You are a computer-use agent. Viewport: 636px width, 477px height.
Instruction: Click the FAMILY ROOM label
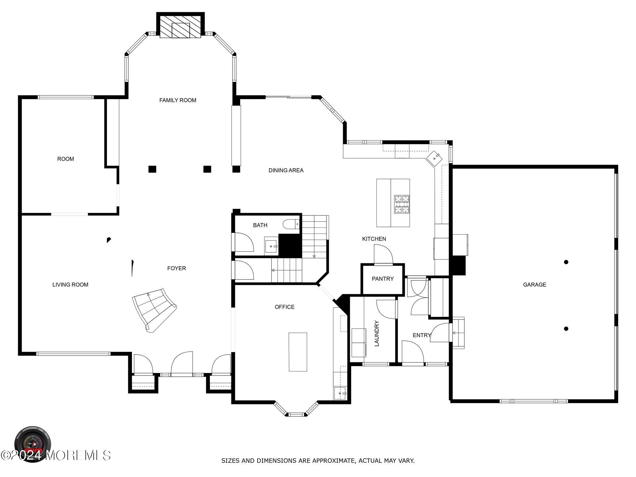[178, 100]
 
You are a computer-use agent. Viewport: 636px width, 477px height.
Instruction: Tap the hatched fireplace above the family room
[180, 27]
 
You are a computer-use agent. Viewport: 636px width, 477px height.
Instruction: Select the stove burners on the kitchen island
[402, 204]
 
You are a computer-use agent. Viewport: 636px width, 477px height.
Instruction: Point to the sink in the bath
[271, 247]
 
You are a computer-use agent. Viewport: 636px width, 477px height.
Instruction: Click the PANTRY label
[382, 279]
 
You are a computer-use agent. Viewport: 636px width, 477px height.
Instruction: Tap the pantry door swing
[383, 254]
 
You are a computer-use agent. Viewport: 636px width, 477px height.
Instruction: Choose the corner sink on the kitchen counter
[435, 157]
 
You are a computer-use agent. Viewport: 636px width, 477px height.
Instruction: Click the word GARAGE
[534, 285]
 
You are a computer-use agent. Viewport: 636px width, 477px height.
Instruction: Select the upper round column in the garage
[566, 262]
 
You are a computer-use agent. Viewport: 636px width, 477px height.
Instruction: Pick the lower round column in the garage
[566, 329]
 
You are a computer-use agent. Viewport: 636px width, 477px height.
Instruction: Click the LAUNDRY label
[376, 333]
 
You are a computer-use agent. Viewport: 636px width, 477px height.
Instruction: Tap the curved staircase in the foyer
[153, 309]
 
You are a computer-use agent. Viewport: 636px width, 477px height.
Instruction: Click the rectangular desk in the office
[298, 352]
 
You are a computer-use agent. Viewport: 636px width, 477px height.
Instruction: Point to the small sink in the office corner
[340, 393]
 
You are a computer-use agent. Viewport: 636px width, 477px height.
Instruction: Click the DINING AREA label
[286, 171]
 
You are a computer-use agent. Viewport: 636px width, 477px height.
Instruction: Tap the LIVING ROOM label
[70, 285]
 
